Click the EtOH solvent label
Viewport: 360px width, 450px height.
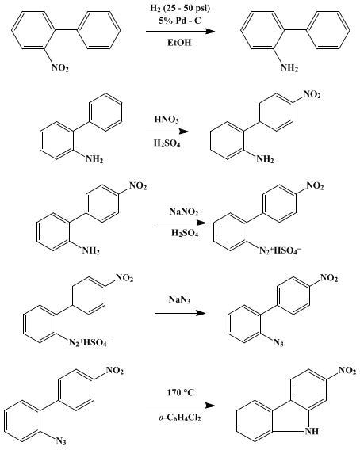[179, 43]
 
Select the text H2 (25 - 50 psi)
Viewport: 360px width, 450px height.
[180, 9]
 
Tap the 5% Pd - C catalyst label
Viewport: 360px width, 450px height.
[180, 21]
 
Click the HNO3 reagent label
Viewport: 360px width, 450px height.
[167, 120]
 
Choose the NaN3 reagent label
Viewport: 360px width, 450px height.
[179, 300]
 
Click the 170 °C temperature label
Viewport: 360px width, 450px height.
[181, 392]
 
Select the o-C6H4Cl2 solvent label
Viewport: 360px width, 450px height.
[179, 418]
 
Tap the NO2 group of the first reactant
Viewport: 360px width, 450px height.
[60, 68]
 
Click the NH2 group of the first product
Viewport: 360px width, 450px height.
[289, 68]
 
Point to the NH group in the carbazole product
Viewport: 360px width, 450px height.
[312, 431]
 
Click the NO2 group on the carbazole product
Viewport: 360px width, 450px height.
[347, 371]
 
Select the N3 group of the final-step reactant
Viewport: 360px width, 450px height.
[61, 441]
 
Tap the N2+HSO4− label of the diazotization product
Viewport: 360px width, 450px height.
[281, 251]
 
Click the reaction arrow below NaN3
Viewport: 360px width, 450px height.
[181, 313]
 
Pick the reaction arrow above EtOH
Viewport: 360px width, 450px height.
[181, 31]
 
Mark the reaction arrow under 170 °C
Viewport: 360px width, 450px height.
[181, 406]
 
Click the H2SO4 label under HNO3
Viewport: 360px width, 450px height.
[167, 143]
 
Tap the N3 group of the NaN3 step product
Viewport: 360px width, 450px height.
[278, 343]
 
